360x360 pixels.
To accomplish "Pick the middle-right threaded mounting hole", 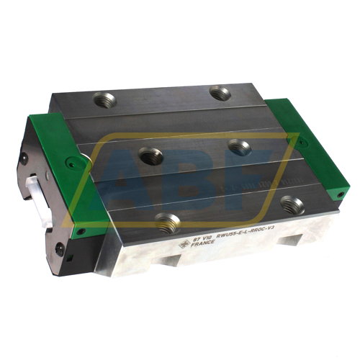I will tap(240, 147).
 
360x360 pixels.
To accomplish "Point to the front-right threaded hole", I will tap(292, 205).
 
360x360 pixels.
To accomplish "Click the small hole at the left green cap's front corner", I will tap(81, 232).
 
